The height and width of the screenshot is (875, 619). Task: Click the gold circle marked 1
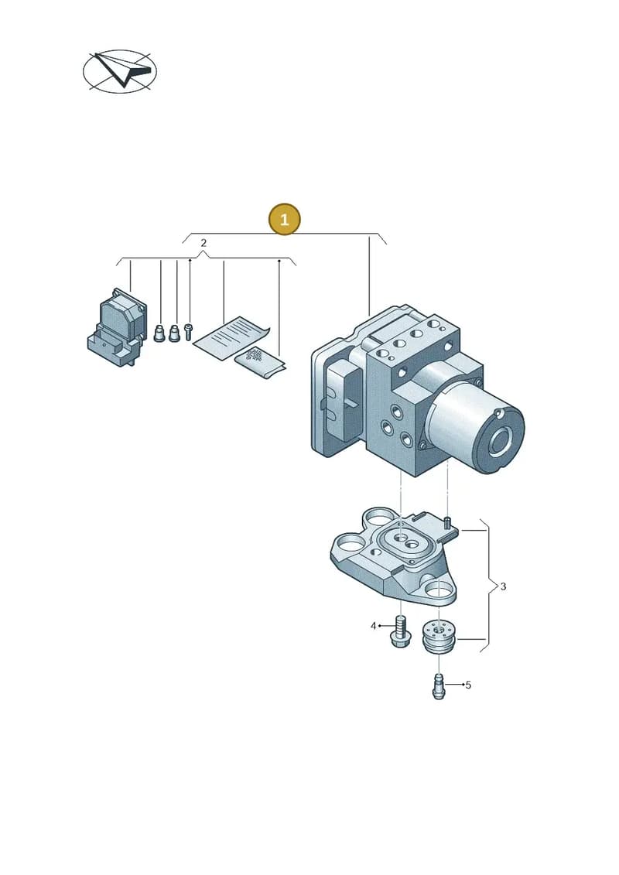284,219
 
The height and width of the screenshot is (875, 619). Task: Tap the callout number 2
203,243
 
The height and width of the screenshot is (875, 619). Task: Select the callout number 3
503,586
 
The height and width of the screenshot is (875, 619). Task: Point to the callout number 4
374,626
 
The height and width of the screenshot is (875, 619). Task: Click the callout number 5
468,685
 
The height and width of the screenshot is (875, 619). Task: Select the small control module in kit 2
116,327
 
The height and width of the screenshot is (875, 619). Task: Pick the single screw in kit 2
188,331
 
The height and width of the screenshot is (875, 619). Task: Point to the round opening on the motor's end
501,441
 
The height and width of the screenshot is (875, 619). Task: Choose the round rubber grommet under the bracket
439,636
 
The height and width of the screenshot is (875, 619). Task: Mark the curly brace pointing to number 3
489,586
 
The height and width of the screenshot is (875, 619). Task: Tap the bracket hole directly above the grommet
439,588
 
